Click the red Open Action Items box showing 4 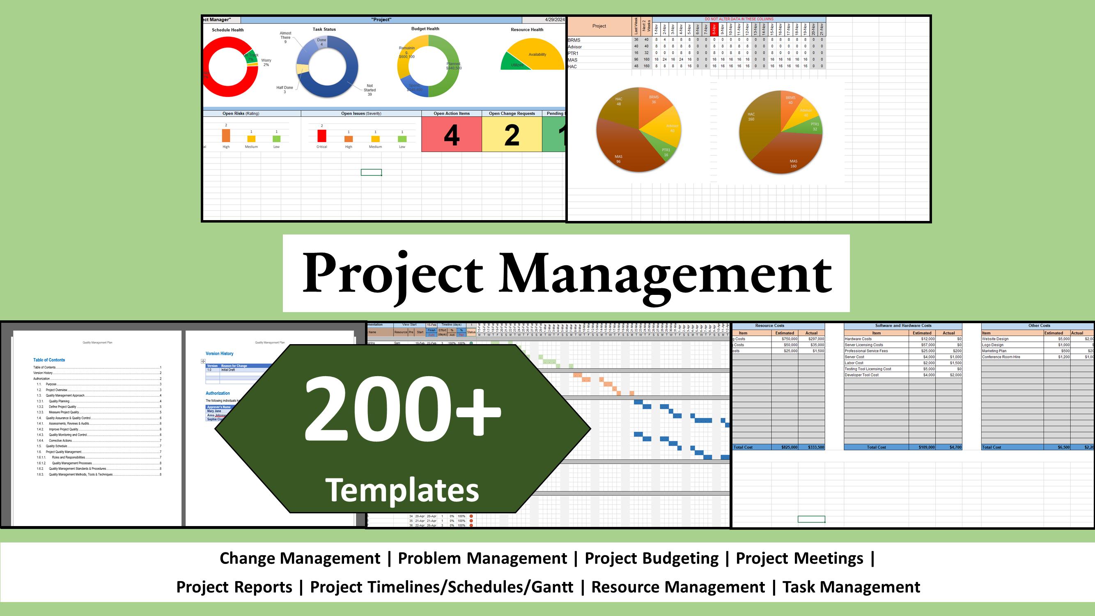452,134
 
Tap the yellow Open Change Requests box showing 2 512,134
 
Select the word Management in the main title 665,273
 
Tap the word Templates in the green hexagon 402,490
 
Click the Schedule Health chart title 228,30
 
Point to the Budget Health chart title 425,29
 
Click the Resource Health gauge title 527,30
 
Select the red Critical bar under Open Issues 322,136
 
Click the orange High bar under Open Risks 226,136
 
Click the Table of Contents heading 49,360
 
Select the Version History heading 219,354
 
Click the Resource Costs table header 769,326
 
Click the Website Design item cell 995,339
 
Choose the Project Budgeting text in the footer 651,558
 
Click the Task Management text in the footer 851,587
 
